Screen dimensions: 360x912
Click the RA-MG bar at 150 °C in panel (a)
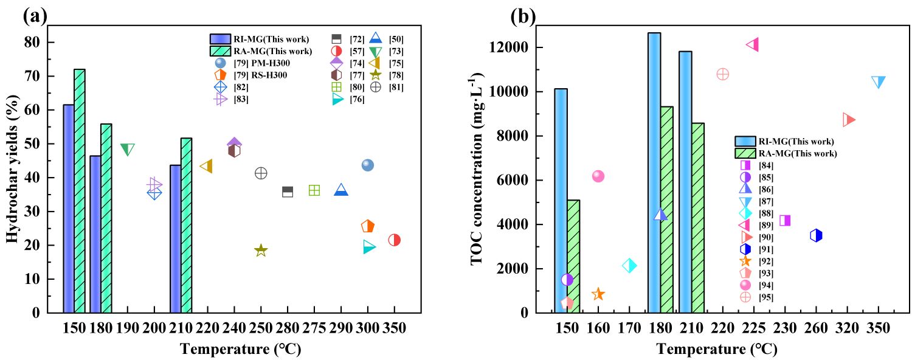point(80,191)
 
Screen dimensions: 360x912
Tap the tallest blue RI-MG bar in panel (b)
point(654,173)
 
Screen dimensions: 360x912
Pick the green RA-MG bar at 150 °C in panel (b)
point(573,256)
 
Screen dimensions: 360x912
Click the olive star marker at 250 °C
point(261,250)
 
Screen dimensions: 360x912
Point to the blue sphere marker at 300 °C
point(367,165)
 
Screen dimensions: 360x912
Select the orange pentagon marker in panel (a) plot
point(367,226)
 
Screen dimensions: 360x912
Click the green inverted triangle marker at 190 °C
point(127,150)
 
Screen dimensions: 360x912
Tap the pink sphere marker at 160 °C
point(598,176)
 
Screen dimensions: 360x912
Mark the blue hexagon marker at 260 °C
point(816,235)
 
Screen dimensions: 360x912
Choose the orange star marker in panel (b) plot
point(598,294)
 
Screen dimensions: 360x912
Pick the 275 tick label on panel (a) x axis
point(314,329)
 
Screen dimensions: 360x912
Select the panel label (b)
point(522,16)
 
